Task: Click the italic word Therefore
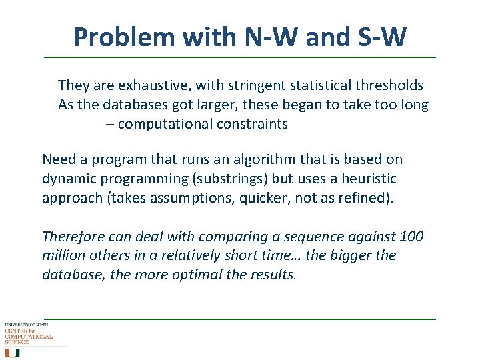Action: click(72, 237)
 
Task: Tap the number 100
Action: click(411, 237)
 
